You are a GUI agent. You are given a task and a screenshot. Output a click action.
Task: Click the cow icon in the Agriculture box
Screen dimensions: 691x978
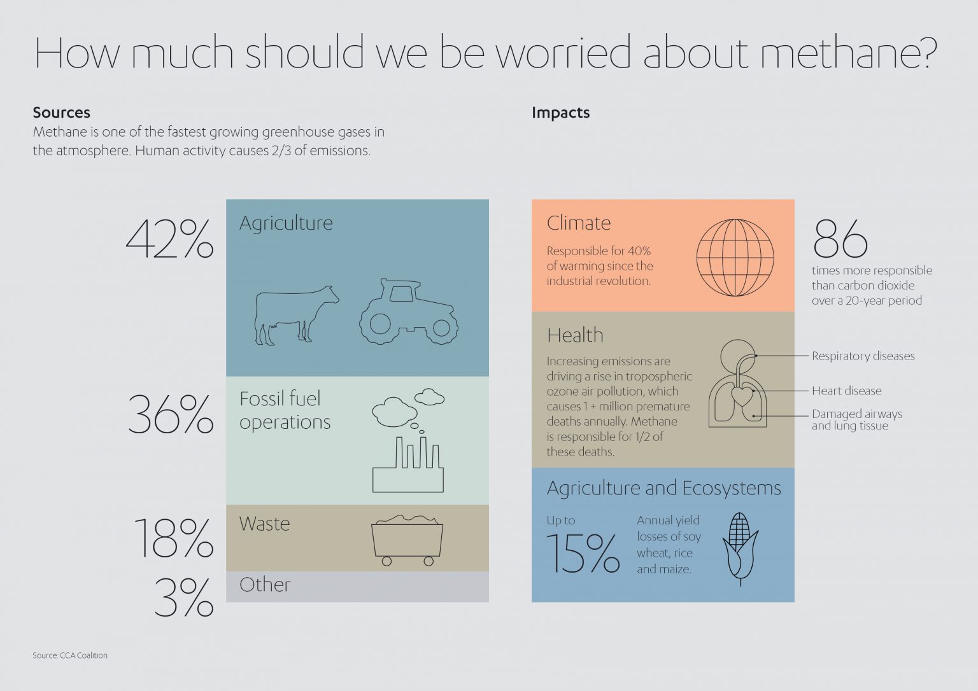tap(295, 315)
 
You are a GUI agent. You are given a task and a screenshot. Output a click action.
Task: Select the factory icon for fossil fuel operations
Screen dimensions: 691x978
tap(408, 464)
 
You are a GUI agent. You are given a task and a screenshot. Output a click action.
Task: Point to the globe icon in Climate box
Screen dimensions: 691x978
tap(735, 258)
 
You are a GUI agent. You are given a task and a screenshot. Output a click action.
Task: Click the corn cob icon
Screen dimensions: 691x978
tap(740, 547)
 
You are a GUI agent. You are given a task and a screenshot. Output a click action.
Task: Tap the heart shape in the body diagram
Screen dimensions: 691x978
tap(742, 396)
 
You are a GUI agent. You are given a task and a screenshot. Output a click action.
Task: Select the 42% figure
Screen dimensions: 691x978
tap(169, 240)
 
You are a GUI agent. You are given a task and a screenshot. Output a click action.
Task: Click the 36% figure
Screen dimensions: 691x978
tap(171, 415)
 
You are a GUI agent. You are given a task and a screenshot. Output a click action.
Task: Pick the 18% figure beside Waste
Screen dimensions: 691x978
tap(173, 538)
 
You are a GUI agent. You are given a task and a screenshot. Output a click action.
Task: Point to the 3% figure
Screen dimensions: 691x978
tap(183, 598)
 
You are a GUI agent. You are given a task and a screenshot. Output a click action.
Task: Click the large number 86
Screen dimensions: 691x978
tap(840, 239)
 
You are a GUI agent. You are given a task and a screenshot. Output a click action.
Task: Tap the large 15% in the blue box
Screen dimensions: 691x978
tap(583, 552)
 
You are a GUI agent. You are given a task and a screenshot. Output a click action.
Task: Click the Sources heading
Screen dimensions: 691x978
tap(62, 113)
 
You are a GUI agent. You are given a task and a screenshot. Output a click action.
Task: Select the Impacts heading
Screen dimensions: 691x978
tap(560, 113)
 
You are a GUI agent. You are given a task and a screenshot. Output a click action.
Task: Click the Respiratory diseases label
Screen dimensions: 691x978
tap(863, 356)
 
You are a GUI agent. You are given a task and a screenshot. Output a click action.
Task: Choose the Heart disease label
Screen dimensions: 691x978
tap(846, 391)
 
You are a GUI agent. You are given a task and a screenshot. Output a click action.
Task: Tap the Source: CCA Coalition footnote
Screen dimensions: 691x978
tap(70, 655)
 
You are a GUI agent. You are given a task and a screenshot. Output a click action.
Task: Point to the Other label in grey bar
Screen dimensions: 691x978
tap(265, 585)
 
